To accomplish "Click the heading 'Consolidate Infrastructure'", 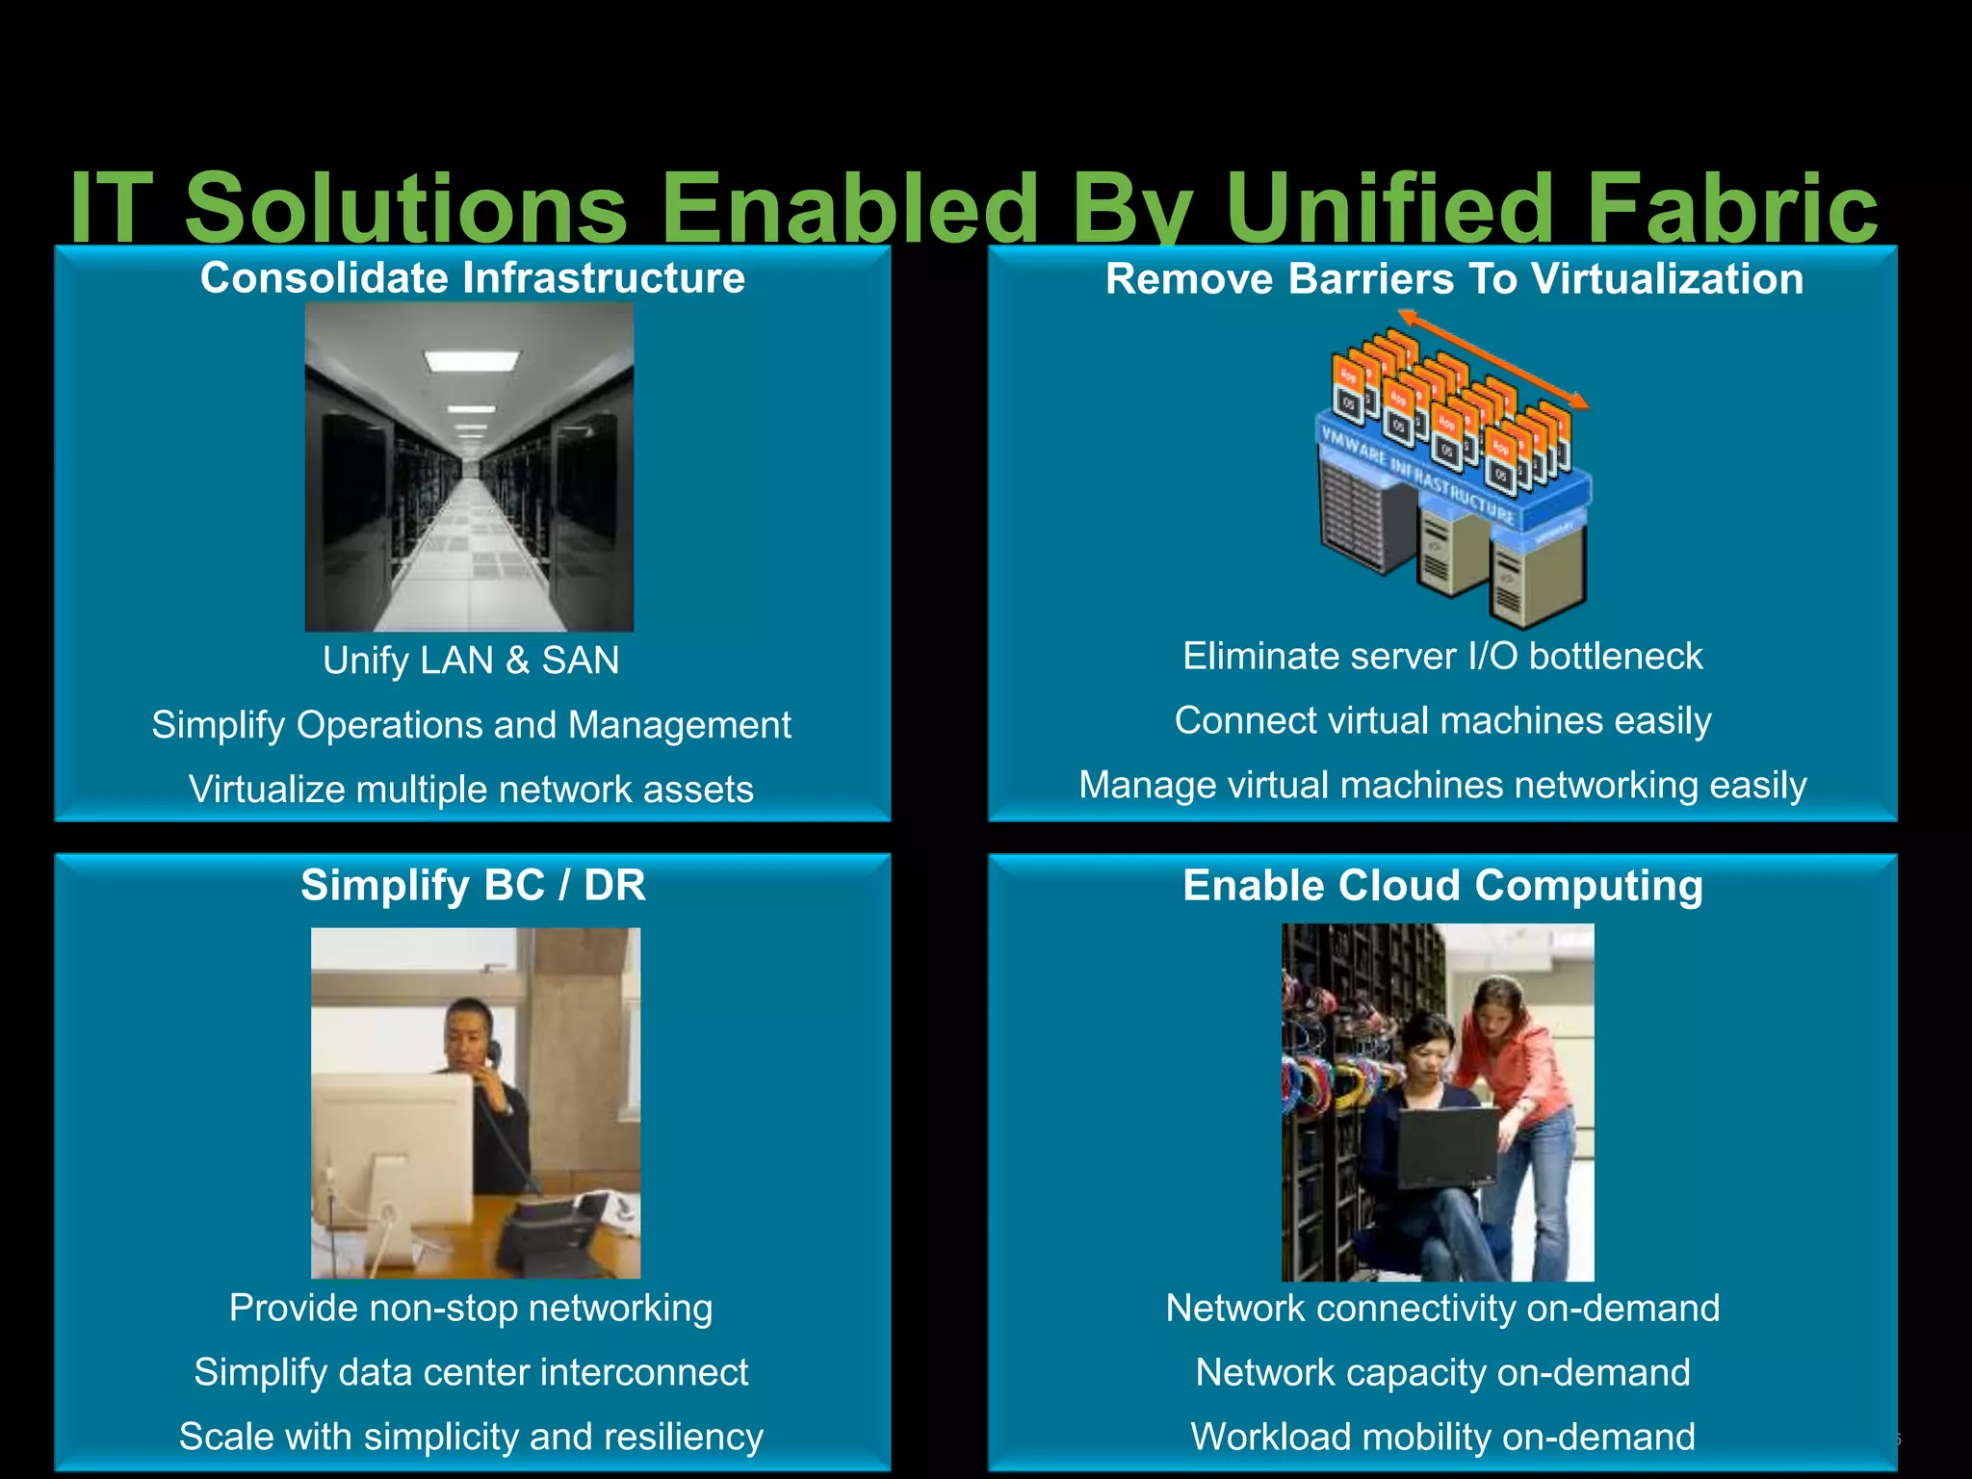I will click(472, 278).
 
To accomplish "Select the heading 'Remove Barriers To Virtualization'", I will click(1454, 279).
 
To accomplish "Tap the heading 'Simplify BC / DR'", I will click(473, 885).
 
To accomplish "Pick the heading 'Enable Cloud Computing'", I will click(1442, 886).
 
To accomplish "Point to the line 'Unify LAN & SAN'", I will click(471, 661).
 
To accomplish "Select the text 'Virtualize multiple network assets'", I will click(471, 790).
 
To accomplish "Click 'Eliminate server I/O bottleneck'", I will click(1442, 657).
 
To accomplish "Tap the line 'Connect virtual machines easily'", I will click(1442, 720).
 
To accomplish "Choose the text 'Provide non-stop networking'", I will click(471, 1308).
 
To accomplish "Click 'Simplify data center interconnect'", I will click(471, 1372).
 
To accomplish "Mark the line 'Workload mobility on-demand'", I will click(1442, 1437).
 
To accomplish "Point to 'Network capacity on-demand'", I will click(1442, 1372).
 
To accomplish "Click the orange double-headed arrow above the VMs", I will click(1492, 358).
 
